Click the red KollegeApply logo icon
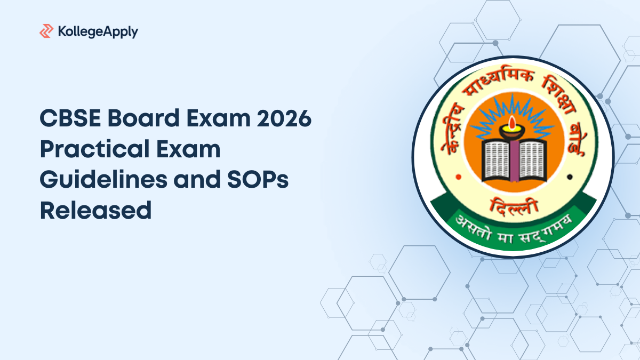point(46,31)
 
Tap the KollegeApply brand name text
point(97,31)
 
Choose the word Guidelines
point(99,180)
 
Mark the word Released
point(95,211)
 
